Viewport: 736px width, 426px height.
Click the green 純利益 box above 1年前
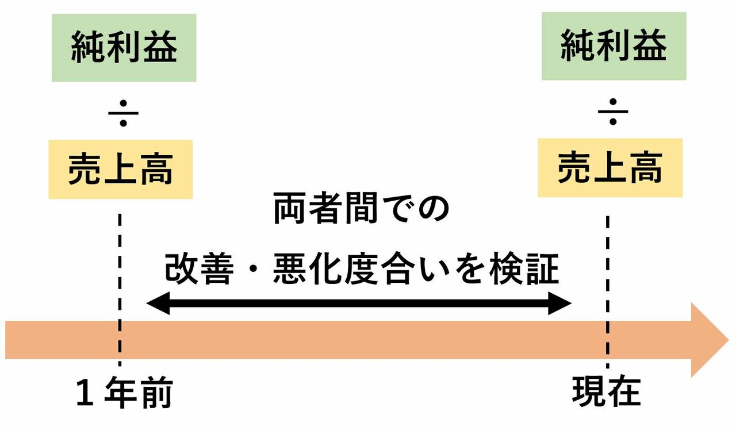[x=124, y=48]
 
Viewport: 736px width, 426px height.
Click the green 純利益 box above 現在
[x=614, y=46]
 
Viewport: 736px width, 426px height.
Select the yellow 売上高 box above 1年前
[x=120, y=170]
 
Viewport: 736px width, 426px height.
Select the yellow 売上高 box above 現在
[x=610, y=168]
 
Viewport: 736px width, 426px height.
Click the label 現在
[x=606, y=393]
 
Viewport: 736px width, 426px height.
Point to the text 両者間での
[x=361, y=210]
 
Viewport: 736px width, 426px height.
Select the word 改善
[x=198, y=269]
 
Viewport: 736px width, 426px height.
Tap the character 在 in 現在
[x=624, y=393]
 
